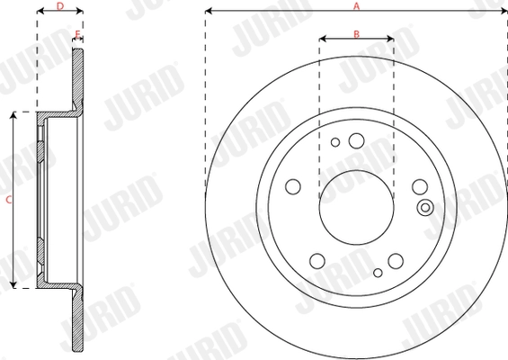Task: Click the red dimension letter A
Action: [356, 6]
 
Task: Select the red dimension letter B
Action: [356, 34]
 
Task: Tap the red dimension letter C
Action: [8, 200]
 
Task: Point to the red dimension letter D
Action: [59, 6]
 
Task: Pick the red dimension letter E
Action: [78, 34]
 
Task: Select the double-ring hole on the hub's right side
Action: [425, 208]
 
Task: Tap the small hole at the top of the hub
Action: [335, 141]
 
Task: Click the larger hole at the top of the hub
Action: [356, 139]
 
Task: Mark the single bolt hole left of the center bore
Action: [292, 186]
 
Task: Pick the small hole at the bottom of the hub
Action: [378, 270]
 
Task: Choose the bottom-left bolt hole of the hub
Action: [316, 261]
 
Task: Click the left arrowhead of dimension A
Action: [209, 12]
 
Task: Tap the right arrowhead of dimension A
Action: [504, 12]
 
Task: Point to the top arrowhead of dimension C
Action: [13, 116]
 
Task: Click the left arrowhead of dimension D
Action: [40, 13]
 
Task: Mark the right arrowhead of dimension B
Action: [390, 40]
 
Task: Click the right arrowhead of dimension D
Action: [80, 13]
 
